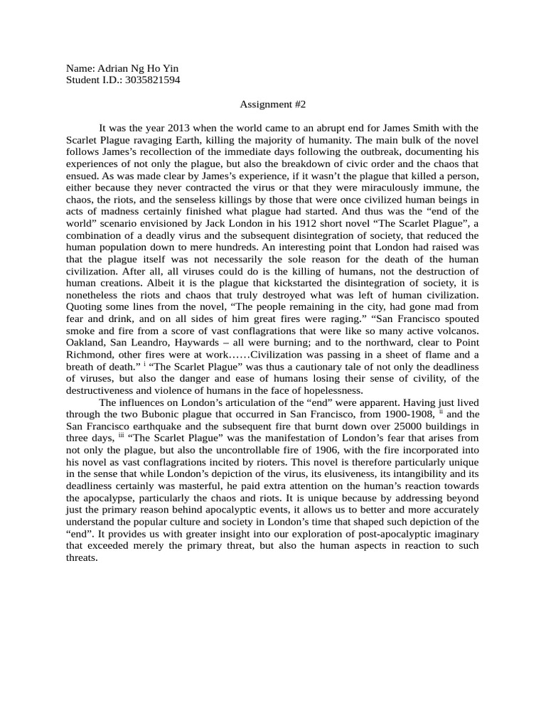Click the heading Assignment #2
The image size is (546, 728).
pos(272,105)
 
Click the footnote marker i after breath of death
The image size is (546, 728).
pos(144,365)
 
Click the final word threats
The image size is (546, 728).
pos(80,558)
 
